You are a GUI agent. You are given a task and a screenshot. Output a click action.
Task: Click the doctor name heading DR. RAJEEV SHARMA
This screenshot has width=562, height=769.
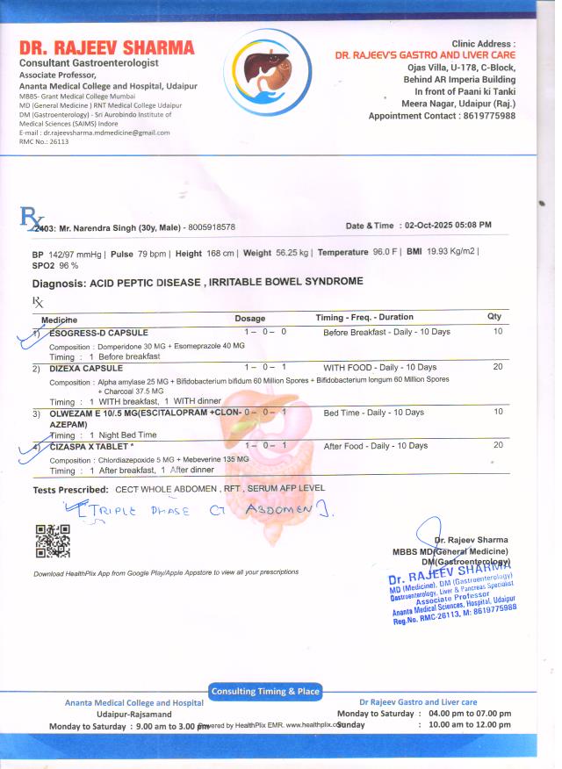point(107,47)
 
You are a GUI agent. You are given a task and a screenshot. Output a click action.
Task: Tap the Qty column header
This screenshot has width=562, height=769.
point(494,317)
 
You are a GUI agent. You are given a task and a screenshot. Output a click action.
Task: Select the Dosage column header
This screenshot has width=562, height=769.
point(250,318)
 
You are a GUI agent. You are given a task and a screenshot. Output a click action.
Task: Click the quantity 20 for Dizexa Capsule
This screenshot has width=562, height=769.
point(498,367)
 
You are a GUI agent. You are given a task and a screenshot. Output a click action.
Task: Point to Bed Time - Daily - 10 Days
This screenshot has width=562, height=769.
point(373,413)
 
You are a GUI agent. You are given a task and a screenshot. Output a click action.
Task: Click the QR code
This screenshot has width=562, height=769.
point(53,540)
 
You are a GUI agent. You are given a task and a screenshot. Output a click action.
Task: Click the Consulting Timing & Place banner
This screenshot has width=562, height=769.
point(265,692)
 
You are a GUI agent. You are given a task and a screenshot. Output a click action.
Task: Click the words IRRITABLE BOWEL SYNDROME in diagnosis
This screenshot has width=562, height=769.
point(281,283)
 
